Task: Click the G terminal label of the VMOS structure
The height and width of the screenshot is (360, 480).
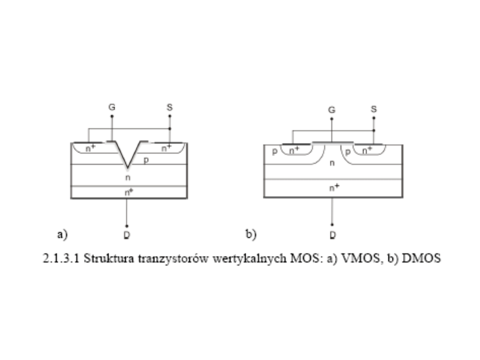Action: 112,107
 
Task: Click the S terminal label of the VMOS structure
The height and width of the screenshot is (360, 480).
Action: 170,107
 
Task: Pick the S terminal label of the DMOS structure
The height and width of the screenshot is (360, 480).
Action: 374,109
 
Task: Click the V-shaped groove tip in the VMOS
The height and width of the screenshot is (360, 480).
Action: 128,168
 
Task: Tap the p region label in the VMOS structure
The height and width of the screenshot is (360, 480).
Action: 145,159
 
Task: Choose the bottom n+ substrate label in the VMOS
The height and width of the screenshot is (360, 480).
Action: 128,192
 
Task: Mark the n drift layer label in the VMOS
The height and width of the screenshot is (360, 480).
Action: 128,178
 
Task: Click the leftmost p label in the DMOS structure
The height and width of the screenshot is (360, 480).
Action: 276,151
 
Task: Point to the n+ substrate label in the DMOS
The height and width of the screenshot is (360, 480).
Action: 334,188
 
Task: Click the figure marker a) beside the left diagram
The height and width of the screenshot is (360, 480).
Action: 62,233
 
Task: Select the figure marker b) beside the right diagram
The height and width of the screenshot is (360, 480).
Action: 251,233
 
